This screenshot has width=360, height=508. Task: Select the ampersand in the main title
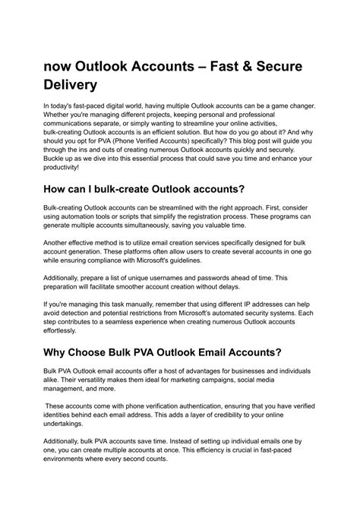[223, 66]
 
